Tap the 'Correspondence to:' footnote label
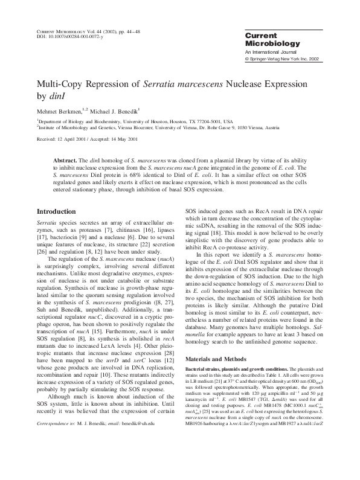(x=59, y=458)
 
